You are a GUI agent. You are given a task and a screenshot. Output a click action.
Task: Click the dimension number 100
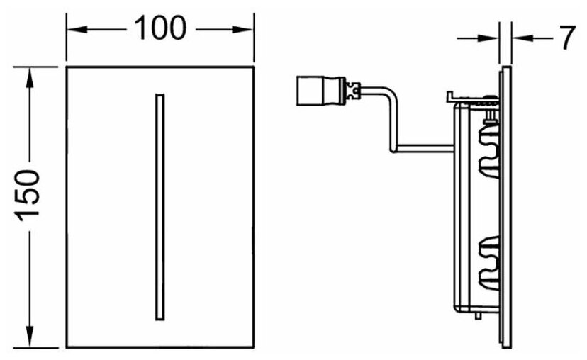[160, 29]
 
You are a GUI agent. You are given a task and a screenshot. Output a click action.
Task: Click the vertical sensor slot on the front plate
[159, 206]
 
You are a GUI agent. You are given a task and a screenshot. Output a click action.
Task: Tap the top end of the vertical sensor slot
[159, 95]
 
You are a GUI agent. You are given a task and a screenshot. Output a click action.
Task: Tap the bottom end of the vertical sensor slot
[159, 318]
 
